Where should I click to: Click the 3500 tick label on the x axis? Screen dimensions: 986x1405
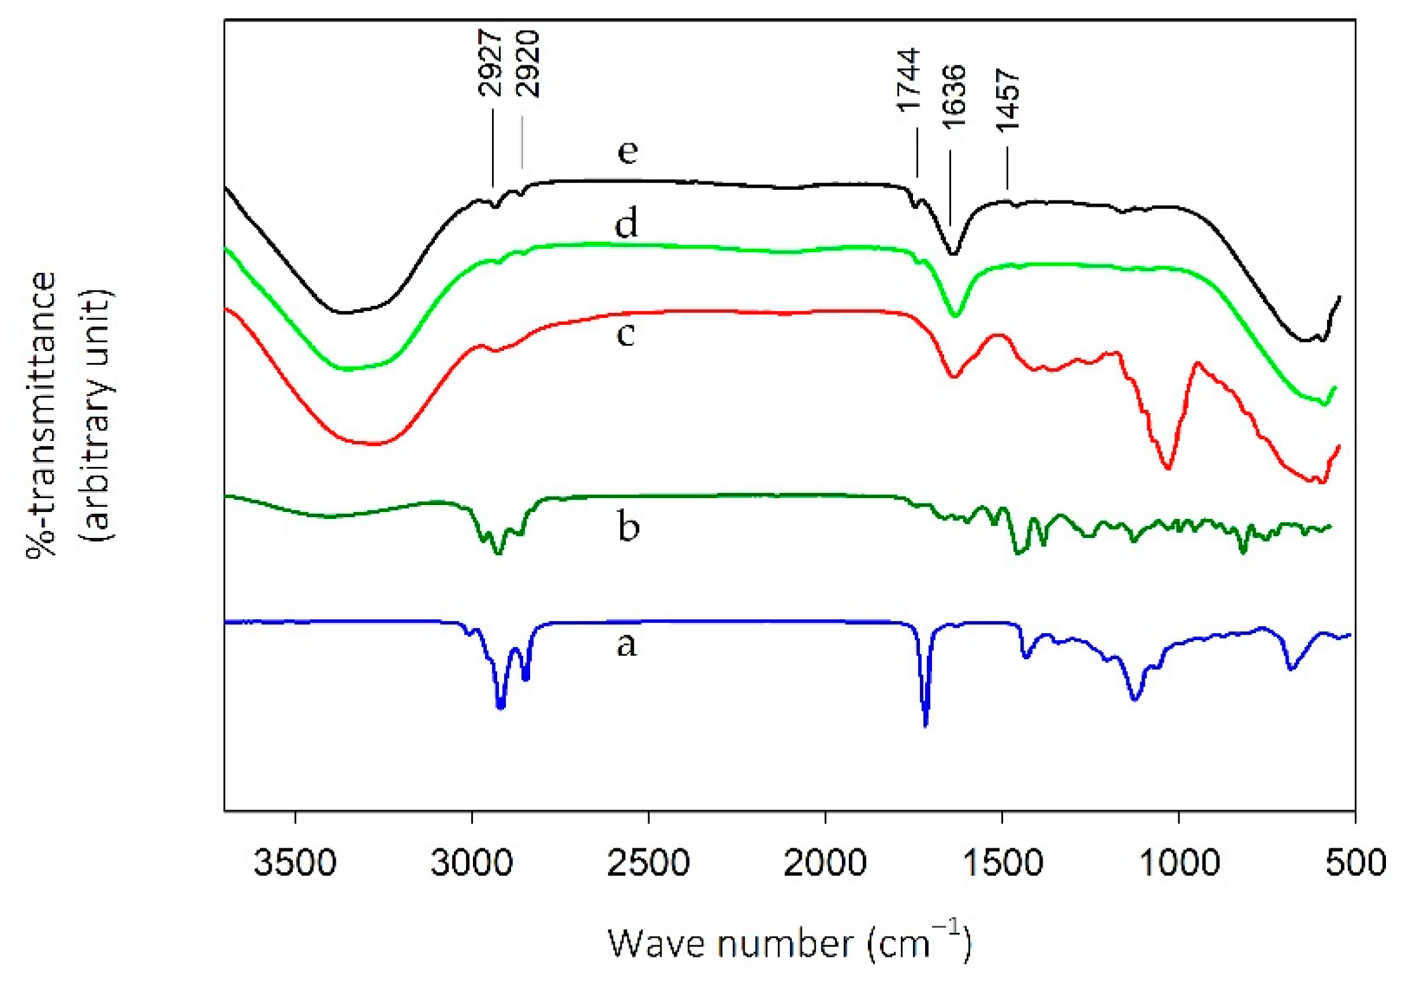pos(295,864)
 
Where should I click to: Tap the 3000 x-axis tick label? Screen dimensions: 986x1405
pos(471,864)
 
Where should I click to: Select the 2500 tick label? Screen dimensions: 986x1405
pos(648,864)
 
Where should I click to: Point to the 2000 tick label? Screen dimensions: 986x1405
pos(825,864)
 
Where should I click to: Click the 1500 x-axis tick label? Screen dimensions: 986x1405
pos(1002,864)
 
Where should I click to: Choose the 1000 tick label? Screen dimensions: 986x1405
pos(1178,864)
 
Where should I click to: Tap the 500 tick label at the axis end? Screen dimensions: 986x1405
pos(1355,864)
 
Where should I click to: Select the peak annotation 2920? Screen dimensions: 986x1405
pos(528,64)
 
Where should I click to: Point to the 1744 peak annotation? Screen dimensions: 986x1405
pos(909,80)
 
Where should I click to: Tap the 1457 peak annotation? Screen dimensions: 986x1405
pos(1008,101)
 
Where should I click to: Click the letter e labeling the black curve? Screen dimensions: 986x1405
pos(627,152)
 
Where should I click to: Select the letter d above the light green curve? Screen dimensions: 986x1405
pos(626,224)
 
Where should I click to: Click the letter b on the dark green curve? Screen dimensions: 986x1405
pos(628,526)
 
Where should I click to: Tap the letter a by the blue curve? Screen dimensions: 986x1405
pos(626,645)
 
